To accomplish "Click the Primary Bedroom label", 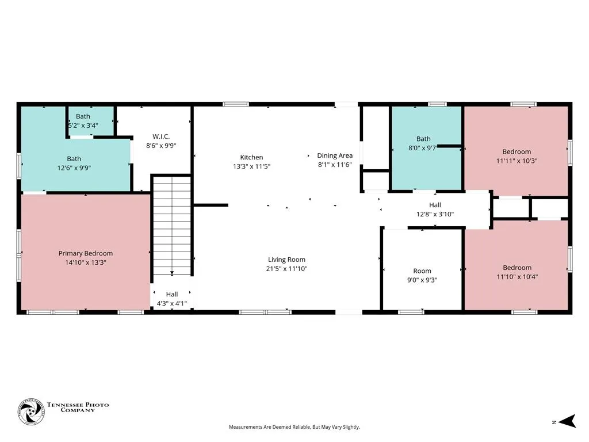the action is tap(86, 253).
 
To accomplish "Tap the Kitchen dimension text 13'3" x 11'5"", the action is tap(252, 166).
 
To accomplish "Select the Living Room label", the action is tap(286, 260).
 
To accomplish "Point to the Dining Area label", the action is tap(335, 155).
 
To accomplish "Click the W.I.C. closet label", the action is tap(161, 136).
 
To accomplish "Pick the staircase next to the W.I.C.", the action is tap(172, 226).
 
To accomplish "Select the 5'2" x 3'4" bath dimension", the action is tap(83, 125).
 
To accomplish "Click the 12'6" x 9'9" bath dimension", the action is tap(74, 168).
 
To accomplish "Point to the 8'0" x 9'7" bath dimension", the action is tap(422, 148).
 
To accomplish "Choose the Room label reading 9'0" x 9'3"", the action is tap(422, 276).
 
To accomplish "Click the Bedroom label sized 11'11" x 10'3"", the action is tap(517, 157).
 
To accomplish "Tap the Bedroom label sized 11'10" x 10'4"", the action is tap(517, 272).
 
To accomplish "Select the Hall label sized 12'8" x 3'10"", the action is tap(435, 209).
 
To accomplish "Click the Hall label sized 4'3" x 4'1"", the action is tap(171, 299).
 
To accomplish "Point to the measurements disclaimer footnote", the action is tap(294, 427).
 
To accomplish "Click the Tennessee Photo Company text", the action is tap(78, 407).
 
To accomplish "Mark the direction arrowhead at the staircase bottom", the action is tap(172, 273).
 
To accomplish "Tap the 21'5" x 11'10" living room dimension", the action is tap(286, 269).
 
